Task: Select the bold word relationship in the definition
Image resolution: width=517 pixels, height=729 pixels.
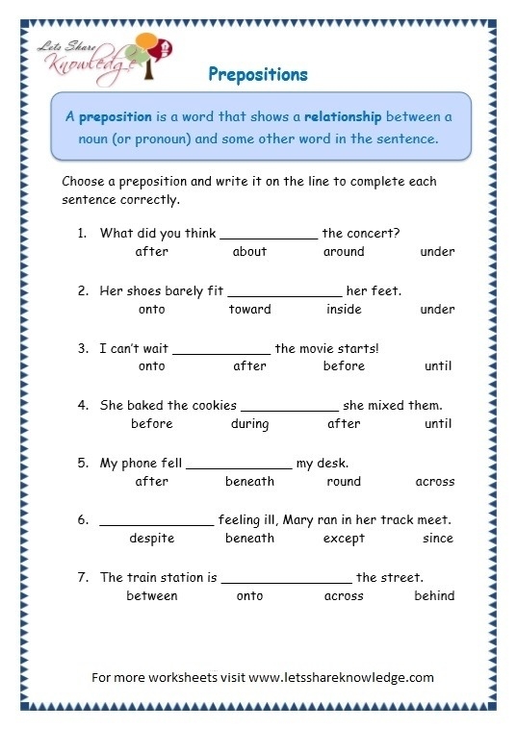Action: click(343, 116)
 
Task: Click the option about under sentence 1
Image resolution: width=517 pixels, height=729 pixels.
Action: click(249, 252)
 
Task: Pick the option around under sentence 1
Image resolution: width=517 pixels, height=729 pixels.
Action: click(344, 252)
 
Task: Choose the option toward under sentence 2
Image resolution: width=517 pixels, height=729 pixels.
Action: click(249, 310)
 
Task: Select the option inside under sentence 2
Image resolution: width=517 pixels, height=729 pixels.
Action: click(344, 310)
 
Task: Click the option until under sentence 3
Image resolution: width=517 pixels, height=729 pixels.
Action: click(438, 366)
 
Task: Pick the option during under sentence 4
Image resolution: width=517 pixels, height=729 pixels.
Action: click(249, 424)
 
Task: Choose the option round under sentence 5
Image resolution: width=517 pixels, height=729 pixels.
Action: click(344, 482)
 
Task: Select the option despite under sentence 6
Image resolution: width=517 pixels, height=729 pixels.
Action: click(152, 539)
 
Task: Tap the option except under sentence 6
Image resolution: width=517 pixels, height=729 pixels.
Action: click(344, 539)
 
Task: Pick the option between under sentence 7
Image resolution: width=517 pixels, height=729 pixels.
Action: click(152, 596)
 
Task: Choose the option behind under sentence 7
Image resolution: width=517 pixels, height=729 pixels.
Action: click(434, 596)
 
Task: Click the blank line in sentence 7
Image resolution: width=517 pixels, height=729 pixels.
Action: click(286, 582)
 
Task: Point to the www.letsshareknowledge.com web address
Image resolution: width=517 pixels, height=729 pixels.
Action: click(342, 677)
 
